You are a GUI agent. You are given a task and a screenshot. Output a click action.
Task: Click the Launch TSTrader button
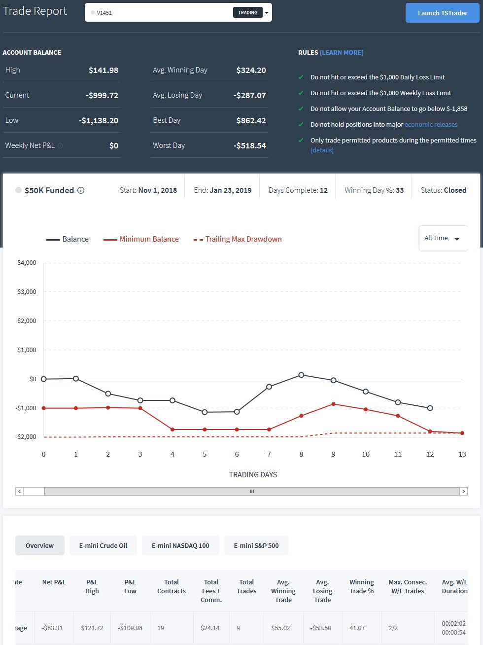[442, 13]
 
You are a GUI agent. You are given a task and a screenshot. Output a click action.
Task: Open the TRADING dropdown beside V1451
[267, 13]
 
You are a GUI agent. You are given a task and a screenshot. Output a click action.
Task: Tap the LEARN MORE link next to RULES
[342, 53]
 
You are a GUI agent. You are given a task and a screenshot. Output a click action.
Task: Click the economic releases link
[431, 125]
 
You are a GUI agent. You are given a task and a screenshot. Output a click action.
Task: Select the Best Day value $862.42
[251, 120]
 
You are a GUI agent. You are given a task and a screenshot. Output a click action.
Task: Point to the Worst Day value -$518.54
[249, 146]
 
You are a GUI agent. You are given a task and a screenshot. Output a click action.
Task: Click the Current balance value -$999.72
[102, 96]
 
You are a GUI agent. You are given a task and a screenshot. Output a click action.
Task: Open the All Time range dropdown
[443, 238]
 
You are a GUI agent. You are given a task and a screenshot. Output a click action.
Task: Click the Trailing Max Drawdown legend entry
[238, 239]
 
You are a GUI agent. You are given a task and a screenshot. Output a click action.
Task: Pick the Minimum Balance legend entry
[141, 239]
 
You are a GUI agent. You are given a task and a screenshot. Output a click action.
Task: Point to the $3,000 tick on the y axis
[27, 292]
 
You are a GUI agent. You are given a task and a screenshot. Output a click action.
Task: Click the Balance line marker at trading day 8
[301, 375]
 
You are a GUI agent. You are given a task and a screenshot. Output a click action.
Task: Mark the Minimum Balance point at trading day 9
[333, 404]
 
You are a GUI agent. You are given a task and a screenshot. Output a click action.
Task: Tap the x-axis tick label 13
[462, 454]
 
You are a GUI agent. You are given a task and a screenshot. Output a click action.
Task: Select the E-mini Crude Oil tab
[103, 545]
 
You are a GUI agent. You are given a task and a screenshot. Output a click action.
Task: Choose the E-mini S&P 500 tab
[256, 545]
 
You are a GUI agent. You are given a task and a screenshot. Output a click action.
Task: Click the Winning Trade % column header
[361, 586]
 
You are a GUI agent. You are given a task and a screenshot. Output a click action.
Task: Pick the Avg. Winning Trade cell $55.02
[280, 628]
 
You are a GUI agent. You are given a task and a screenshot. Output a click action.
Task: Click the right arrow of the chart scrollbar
[464, 491]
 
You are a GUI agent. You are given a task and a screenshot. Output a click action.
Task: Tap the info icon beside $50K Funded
[81, 190]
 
